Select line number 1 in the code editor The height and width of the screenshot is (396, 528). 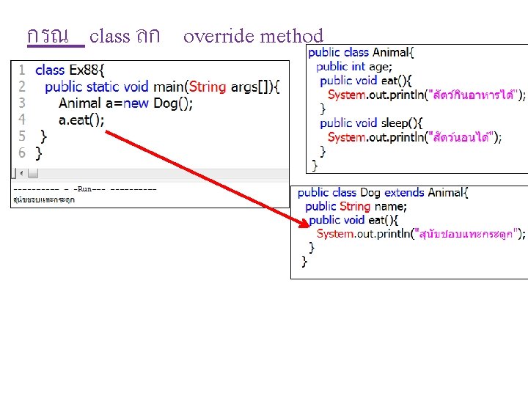(22, 70)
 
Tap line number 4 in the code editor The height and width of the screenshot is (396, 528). (22, 119)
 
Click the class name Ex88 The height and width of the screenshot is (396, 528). (87, 70)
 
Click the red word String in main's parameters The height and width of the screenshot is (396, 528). (208, 87)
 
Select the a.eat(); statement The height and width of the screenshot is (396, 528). (81, 120)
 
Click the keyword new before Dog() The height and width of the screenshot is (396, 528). (136, 103)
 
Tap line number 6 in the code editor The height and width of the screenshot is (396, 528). (22, 153)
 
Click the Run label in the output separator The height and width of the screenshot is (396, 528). (92, 189)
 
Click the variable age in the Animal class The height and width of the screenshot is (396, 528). (380, 67)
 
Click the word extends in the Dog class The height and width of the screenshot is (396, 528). (404, 193)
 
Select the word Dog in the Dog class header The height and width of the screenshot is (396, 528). (370, 193)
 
